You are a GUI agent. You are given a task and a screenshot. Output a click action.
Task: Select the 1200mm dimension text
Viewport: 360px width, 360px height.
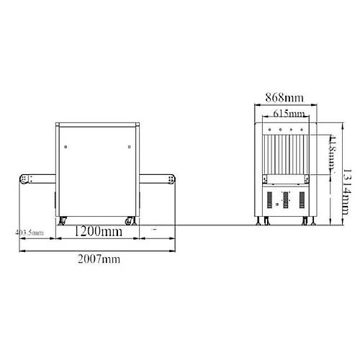click(99, 233)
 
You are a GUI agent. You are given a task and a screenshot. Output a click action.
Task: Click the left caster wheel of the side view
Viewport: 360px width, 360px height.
click(63, 220)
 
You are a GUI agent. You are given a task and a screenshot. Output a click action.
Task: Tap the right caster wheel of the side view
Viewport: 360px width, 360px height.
click(130, 220)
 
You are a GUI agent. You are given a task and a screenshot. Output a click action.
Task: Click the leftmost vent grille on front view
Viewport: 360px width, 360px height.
click(269, 199)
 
